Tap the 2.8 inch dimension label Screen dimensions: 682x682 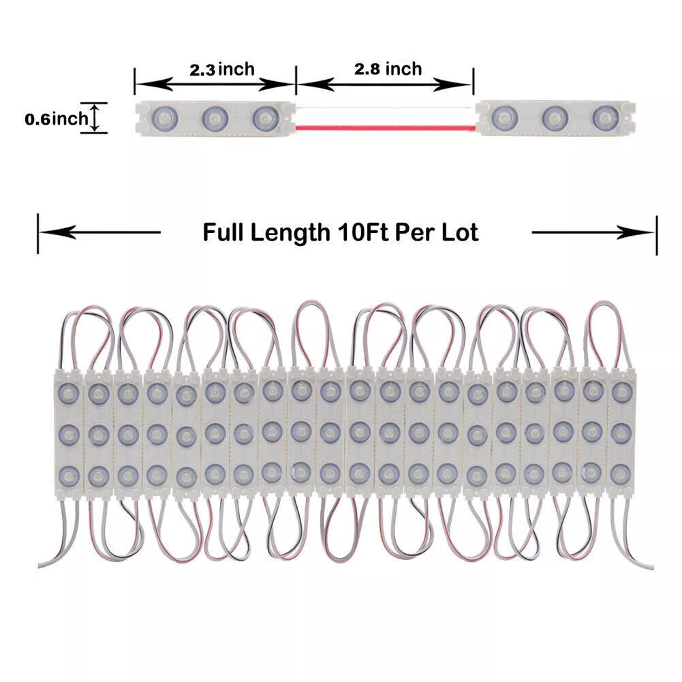388,68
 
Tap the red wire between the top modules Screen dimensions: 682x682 386,127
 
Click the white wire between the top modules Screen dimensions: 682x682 386,108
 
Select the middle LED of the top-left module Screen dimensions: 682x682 214,118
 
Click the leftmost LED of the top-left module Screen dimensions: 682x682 164,118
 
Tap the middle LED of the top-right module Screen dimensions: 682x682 555,118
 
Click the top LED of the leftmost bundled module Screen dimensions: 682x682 67,391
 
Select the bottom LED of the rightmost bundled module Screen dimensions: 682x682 619,474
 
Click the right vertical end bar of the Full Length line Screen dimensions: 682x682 657,234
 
